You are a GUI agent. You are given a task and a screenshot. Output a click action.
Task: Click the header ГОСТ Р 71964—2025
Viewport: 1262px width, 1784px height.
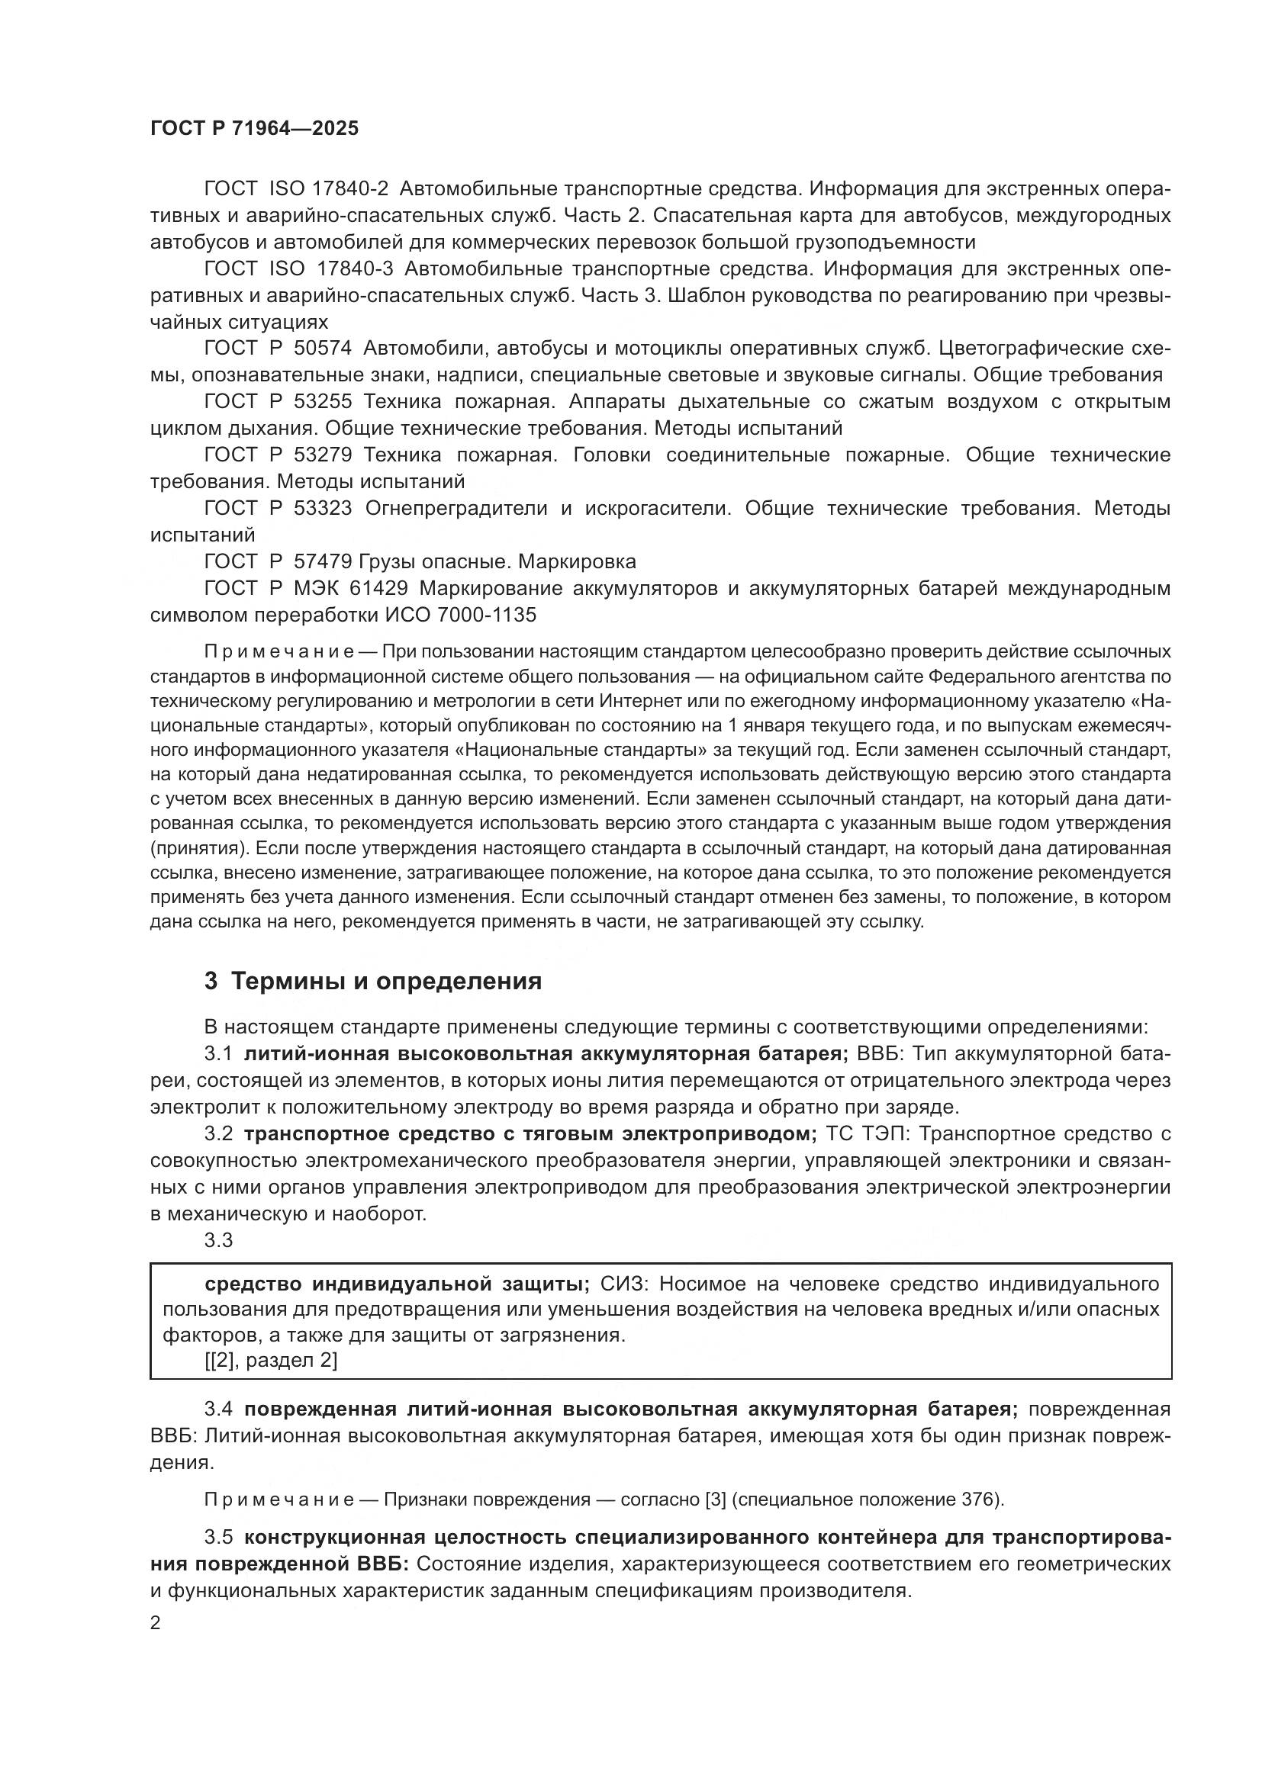(x=254, y=129)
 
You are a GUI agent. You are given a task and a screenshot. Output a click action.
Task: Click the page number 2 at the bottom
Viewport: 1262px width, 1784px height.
(x=156, y=1623)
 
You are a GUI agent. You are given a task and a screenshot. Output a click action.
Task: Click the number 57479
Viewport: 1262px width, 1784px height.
(x=324, y=561)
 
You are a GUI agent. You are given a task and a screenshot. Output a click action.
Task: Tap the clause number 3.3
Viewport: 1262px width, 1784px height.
(x=219, y=1241)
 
